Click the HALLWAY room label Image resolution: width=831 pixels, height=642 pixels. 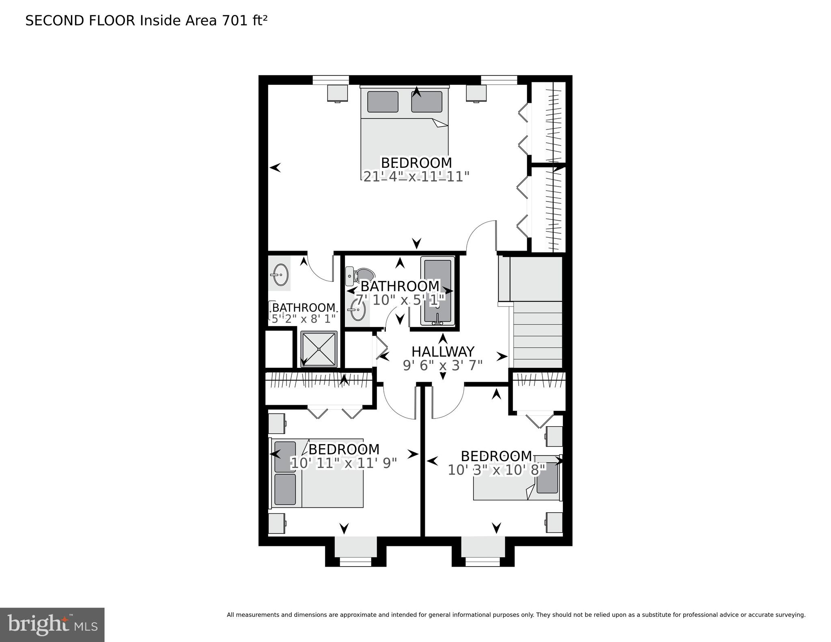pos(443,351)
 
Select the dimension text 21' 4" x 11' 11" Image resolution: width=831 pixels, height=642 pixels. pos(416,176)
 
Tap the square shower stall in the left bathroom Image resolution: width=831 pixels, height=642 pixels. pos(319,349)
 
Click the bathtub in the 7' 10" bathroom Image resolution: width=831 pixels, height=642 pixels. pos(437,292)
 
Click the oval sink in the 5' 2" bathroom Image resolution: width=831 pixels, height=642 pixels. pos(279,275)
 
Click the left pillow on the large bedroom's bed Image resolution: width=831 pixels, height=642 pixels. pos(382,102)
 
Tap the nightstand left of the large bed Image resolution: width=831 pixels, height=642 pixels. pos(338,93)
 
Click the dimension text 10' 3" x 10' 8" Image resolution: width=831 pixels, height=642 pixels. pos(497,470)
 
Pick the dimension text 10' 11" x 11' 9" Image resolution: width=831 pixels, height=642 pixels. pos(344,463)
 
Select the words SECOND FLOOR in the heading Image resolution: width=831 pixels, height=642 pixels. pos(80,21)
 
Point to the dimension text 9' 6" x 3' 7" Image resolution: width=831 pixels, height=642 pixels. pos(443,366)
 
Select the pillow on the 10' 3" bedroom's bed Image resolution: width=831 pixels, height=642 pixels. pos(547,478)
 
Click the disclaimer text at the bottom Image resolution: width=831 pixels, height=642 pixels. pos(516,614)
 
